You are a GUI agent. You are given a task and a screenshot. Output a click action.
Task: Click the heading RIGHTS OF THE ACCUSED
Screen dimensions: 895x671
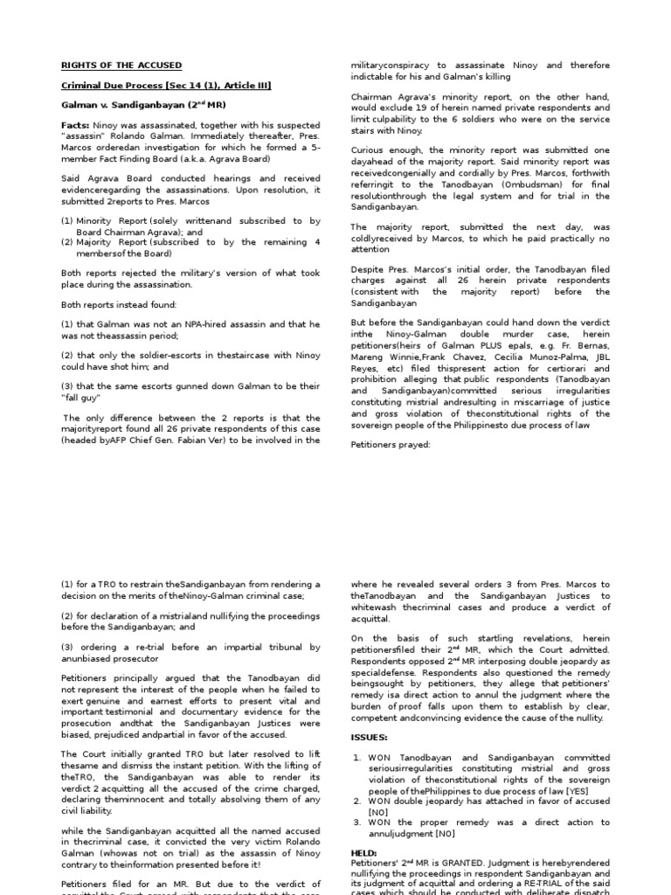121,65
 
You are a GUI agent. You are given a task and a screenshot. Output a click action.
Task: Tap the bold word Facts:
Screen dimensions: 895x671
75,125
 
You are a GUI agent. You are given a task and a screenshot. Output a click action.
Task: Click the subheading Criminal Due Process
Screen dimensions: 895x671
114,85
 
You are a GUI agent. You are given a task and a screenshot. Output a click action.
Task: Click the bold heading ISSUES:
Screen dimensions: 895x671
370,713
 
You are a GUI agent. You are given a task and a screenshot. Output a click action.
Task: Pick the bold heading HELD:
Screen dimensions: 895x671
363,852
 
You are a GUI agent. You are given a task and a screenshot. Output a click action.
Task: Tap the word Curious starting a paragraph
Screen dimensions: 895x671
368,150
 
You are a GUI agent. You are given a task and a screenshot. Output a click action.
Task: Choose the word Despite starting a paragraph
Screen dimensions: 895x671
368,269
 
